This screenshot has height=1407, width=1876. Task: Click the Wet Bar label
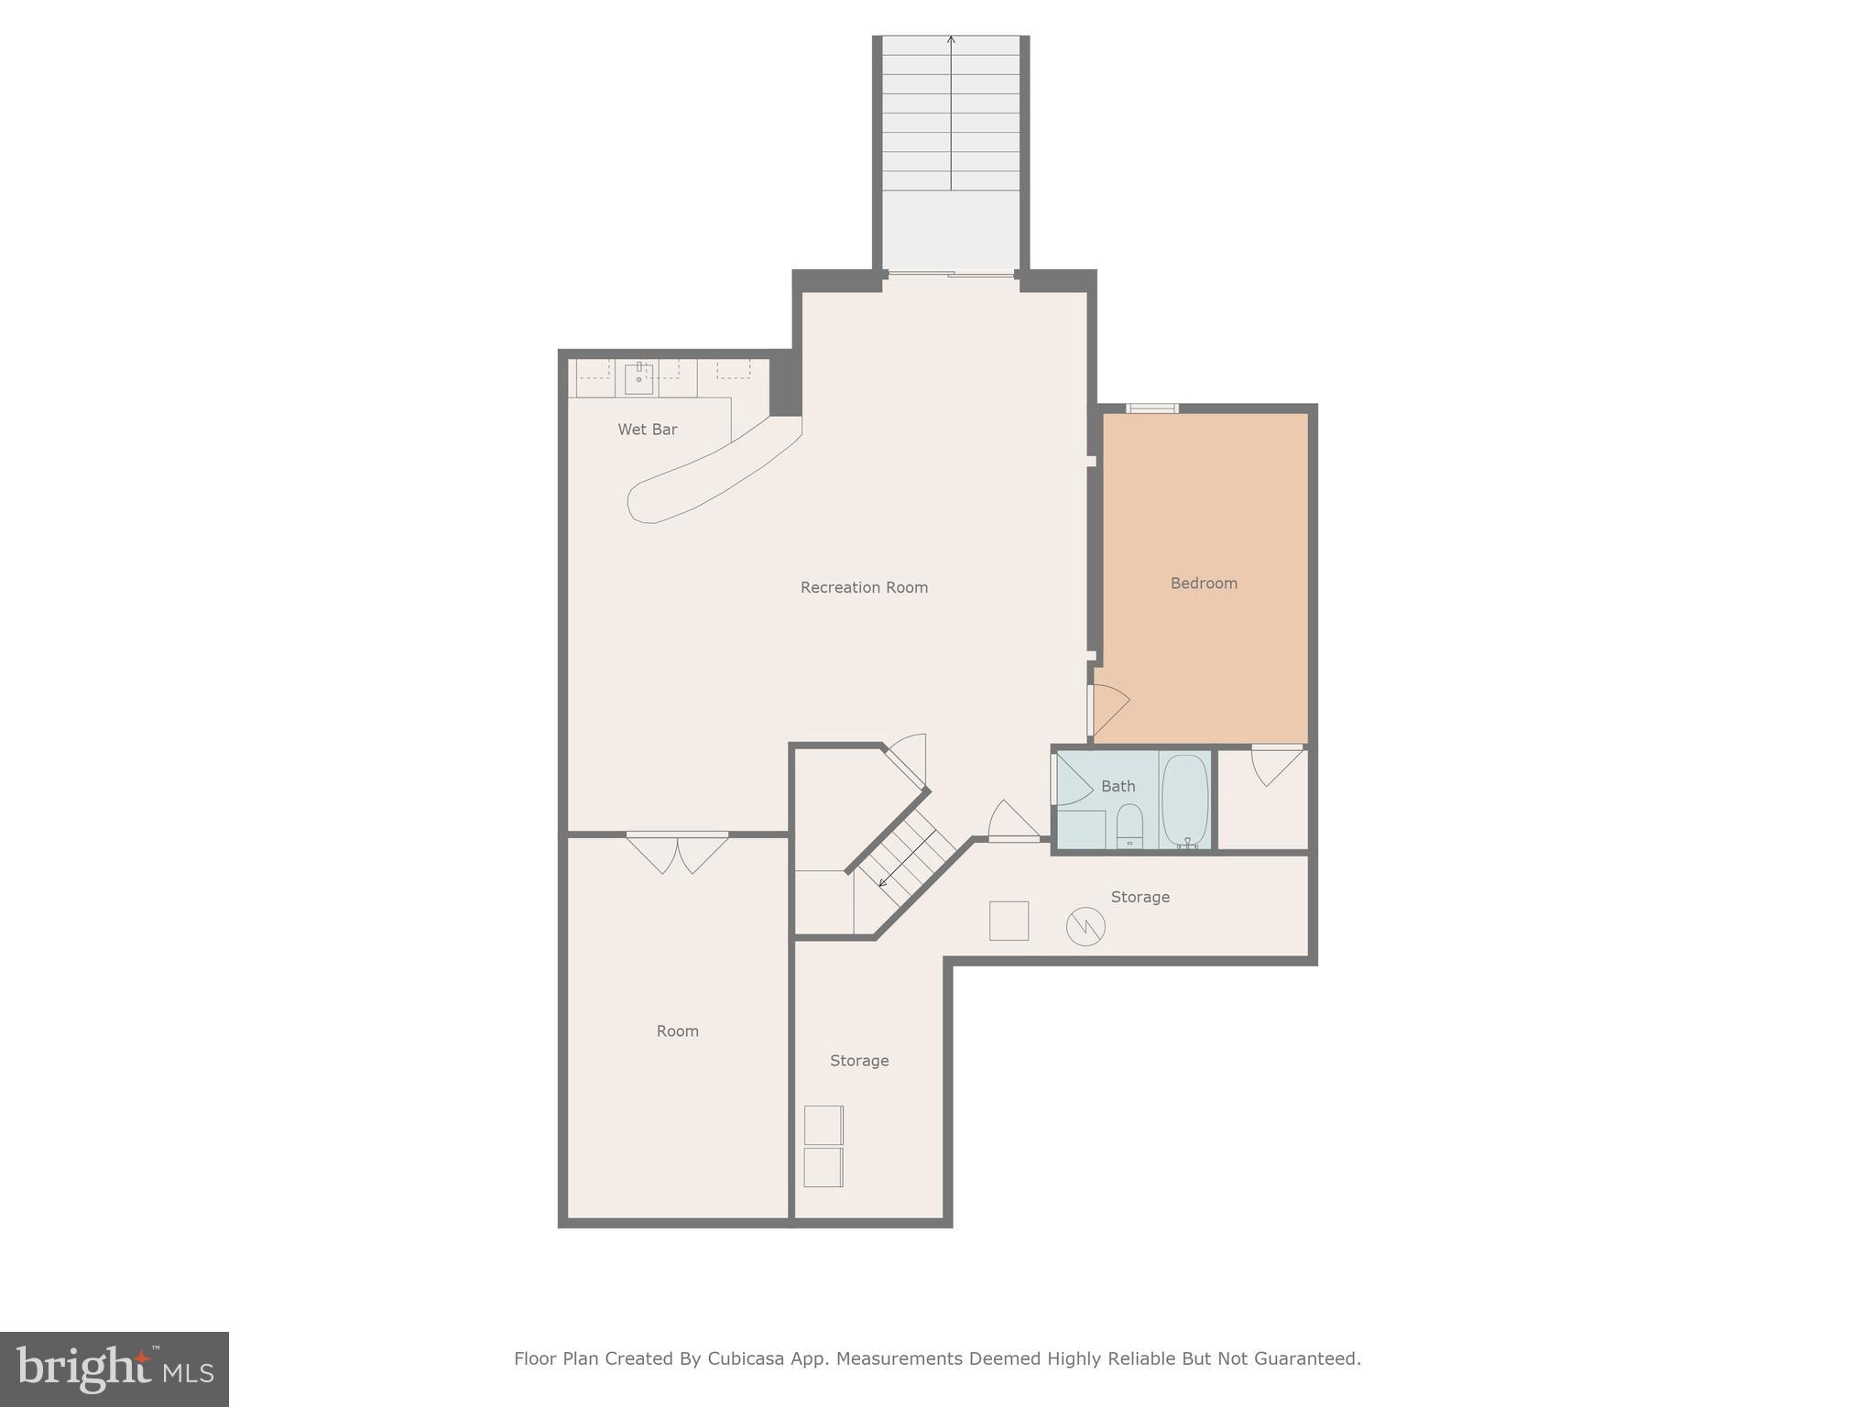647,430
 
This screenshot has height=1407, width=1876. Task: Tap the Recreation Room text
864,588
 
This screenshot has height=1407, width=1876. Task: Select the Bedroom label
1204,584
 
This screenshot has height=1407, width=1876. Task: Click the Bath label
1118,787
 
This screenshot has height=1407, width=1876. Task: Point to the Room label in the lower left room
677,1031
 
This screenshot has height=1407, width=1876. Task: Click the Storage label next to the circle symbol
1140,898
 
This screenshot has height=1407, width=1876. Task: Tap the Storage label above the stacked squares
859,1061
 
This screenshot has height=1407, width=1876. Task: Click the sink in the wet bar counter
638,377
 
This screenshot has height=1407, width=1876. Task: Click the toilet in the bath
1129,825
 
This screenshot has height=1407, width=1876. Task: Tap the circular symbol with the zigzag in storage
1085,926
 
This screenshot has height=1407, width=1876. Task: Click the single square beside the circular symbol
1009,921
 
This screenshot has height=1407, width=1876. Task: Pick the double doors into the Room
677,851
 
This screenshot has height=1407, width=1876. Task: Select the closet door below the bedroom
1276,765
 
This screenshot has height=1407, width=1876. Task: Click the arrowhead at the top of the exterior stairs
951,39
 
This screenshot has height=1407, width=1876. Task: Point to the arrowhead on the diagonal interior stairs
883,883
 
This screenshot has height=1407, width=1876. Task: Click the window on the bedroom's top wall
1151,409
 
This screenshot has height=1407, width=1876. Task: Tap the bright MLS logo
114,1369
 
